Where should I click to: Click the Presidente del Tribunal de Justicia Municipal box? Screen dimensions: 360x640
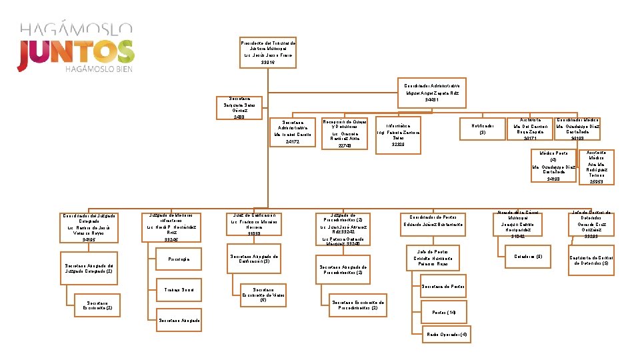coord(267,53)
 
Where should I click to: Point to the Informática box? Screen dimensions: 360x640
coord(398,136)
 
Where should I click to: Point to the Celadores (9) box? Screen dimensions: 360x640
coord(529,256)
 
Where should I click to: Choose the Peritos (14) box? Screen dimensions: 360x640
coord(444,312)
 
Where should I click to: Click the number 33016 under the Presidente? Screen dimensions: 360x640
coord(267,62)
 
